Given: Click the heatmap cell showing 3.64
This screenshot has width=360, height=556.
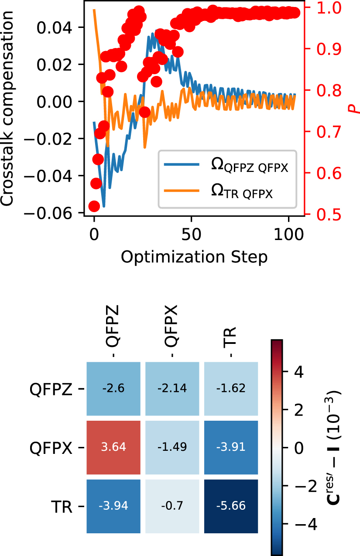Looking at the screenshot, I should click(x=113, y=447).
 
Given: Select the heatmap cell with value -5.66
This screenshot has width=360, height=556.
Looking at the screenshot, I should click(x=231, y=506).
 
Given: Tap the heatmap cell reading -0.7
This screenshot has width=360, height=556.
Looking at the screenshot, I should click(x=172, y=506).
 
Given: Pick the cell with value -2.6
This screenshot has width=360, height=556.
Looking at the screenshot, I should click(x=113, y=388).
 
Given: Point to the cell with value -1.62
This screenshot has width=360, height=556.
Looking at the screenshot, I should click(x=231, y=388).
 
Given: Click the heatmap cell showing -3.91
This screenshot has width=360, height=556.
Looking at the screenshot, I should click(x=231, y=447).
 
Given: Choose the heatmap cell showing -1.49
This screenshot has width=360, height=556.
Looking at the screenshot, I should click(x=172, y=447).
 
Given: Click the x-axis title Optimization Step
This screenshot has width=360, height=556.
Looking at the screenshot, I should click(x=194, y=257).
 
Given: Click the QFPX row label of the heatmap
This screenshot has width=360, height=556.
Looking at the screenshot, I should click(x=51, y=448).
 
